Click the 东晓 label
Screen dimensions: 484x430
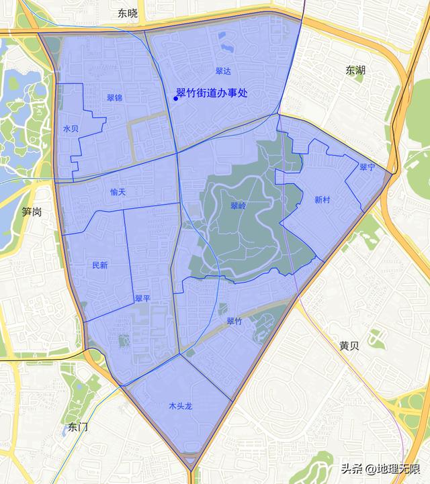pos(127,13)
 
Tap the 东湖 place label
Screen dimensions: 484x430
pos(356,70)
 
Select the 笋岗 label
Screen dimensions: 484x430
pos(32,212)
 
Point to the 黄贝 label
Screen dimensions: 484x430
pos(349,346)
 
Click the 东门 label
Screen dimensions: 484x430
pos(79,427)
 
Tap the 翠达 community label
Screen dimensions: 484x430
pos(223,70)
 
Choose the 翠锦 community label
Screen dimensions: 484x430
pos(114,98)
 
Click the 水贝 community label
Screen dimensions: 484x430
pos(71,128)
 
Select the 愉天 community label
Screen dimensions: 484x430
pos(118,193)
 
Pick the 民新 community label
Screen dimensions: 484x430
pos(99,265)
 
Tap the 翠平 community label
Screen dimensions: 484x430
pos(142,297)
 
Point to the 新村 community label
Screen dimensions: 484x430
pos(322,199)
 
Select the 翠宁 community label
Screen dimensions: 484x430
pos(367,167)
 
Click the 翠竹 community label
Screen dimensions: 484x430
pos(234,322)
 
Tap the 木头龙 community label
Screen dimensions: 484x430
pos(181,406)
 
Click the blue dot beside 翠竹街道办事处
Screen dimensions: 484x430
pos(176,99)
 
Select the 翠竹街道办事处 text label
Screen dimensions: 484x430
pos(212,94)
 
